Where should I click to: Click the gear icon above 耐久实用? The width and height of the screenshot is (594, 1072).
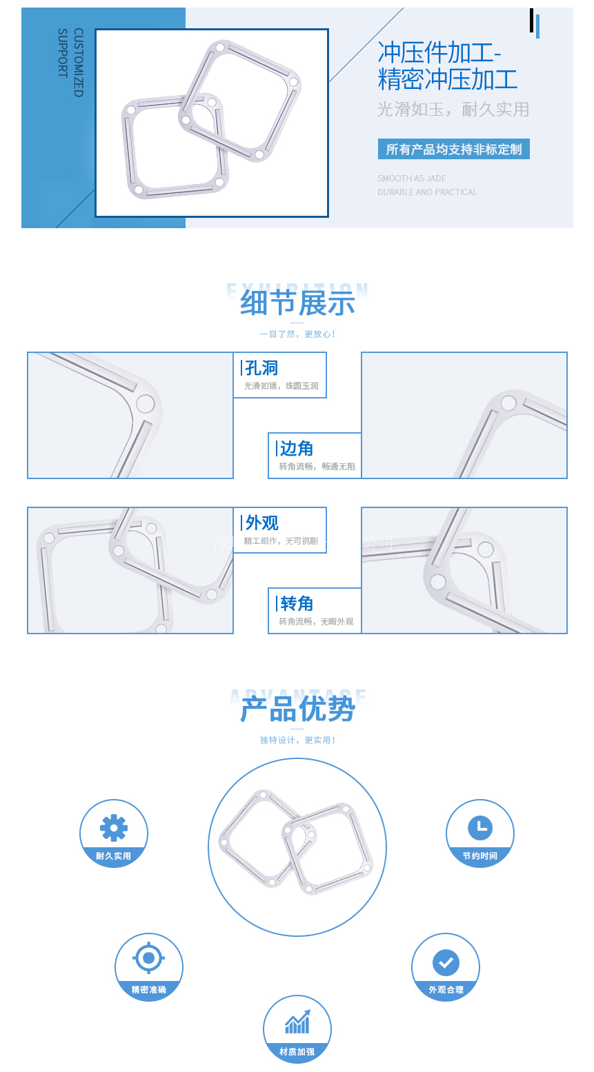[114, 827]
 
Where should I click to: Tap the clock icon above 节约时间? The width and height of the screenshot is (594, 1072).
[480, 827]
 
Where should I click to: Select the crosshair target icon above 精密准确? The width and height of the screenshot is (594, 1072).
[148, 958]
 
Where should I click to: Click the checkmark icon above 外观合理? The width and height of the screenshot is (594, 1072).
[446, 962]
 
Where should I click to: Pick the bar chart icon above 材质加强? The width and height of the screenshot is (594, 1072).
[297, 1022]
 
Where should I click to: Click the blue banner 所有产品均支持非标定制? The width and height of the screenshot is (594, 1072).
[454, 150]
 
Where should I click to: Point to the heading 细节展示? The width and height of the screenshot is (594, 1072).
[297, 303]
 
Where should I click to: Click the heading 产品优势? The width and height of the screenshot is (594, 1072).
[297, 709]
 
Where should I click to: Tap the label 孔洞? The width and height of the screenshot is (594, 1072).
[261, 368]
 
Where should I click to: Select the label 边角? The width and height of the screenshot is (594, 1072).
[297, 449]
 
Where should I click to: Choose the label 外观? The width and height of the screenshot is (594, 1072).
[261, 523]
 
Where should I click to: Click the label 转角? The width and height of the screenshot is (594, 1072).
[297, 604]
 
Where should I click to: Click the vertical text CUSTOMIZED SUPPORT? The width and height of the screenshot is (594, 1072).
[70, 62]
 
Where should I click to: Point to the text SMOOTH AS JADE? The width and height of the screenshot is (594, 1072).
[412, 179]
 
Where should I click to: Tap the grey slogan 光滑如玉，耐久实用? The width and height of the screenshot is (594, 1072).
[453, 110]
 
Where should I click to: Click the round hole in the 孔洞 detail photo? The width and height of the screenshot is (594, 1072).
[146, 403]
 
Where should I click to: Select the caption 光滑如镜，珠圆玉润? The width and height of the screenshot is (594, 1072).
[281, 386]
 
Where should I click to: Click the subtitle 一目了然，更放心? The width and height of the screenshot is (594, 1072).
[297, 334]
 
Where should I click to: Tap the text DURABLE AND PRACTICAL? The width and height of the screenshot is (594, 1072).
[427, 192]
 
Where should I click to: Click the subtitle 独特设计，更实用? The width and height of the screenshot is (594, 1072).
[297, 740]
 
